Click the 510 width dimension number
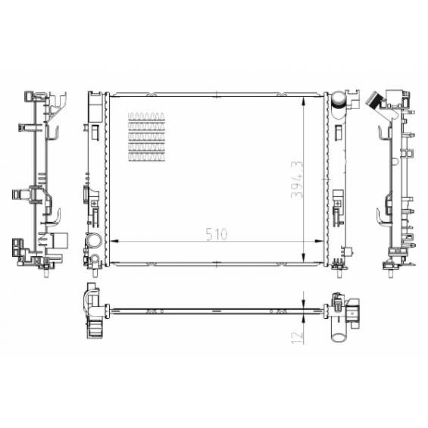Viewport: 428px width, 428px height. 217,234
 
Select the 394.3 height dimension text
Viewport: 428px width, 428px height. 297,180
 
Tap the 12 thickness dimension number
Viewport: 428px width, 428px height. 297,337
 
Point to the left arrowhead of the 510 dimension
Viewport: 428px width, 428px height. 114,242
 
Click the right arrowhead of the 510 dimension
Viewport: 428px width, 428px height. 319,242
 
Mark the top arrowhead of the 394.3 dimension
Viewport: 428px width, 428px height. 304,101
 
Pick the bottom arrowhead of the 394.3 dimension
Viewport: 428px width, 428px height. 304,258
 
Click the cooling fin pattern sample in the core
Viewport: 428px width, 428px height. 146,137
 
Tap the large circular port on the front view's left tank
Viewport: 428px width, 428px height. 94,241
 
